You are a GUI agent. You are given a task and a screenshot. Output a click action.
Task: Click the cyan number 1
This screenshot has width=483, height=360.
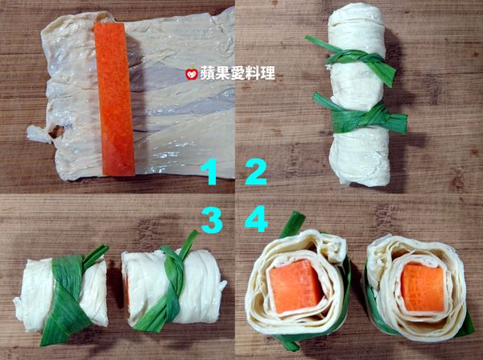point(210,171)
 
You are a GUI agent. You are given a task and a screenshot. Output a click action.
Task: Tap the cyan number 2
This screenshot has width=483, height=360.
point(256,171)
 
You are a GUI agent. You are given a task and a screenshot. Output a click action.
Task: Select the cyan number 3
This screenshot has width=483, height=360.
point(212,221)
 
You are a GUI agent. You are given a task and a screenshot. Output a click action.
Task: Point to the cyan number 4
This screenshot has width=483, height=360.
point(257,221)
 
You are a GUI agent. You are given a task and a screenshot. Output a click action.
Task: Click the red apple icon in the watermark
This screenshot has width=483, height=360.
point(192,74)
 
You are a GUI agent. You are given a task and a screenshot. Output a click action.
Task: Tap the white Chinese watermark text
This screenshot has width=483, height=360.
point(237,74)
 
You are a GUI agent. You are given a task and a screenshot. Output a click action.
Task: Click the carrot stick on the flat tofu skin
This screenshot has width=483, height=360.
point(114,97)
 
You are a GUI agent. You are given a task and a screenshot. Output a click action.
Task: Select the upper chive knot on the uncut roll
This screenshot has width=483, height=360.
point(354,58)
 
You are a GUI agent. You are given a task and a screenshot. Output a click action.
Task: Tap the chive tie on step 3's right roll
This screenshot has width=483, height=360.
point(169,290)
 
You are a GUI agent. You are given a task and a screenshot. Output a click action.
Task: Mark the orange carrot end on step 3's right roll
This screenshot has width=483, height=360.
point(127,290)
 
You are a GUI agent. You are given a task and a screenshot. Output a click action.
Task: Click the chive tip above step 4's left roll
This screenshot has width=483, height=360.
point(294,223)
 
